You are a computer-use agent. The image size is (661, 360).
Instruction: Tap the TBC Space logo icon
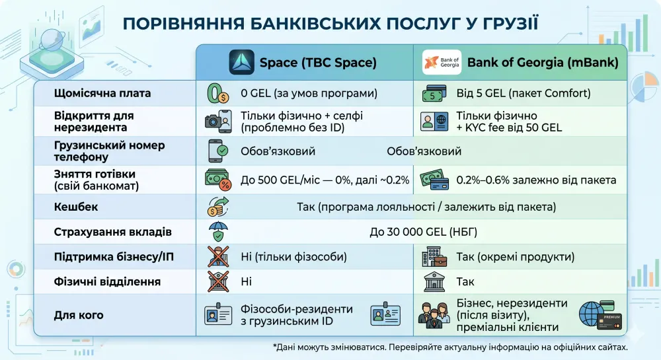241,63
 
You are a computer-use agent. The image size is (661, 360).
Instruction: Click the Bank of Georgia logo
442,63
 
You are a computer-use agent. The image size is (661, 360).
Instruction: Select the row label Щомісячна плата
102,93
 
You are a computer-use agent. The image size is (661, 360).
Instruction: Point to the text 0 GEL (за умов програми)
309,93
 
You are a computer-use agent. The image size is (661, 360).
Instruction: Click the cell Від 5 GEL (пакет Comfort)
522,93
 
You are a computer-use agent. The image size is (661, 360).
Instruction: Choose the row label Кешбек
76,207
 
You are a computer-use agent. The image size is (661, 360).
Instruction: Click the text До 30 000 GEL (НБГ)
423,232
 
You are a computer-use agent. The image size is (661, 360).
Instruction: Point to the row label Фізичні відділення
107,281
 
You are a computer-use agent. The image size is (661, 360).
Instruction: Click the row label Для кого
79,315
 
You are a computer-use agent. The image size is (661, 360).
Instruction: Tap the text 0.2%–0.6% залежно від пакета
536,180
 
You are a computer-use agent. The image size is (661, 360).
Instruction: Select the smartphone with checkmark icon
217,151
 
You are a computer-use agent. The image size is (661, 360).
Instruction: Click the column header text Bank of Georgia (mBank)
543,63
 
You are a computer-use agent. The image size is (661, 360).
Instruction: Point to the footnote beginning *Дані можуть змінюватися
449,346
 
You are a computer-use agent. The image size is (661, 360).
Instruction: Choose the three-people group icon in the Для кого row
433,315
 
